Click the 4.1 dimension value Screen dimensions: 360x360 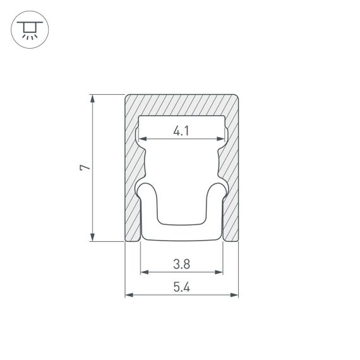181,131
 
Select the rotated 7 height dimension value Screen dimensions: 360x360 85,167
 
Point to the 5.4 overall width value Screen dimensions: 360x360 181,287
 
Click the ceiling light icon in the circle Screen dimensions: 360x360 29,29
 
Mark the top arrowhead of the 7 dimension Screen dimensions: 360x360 93,99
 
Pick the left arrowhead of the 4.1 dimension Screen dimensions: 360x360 142,138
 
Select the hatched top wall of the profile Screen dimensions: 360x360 181,105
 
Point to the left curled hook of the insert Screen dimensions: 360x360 145,189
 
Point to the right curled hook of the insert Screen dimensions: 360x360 219,189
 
